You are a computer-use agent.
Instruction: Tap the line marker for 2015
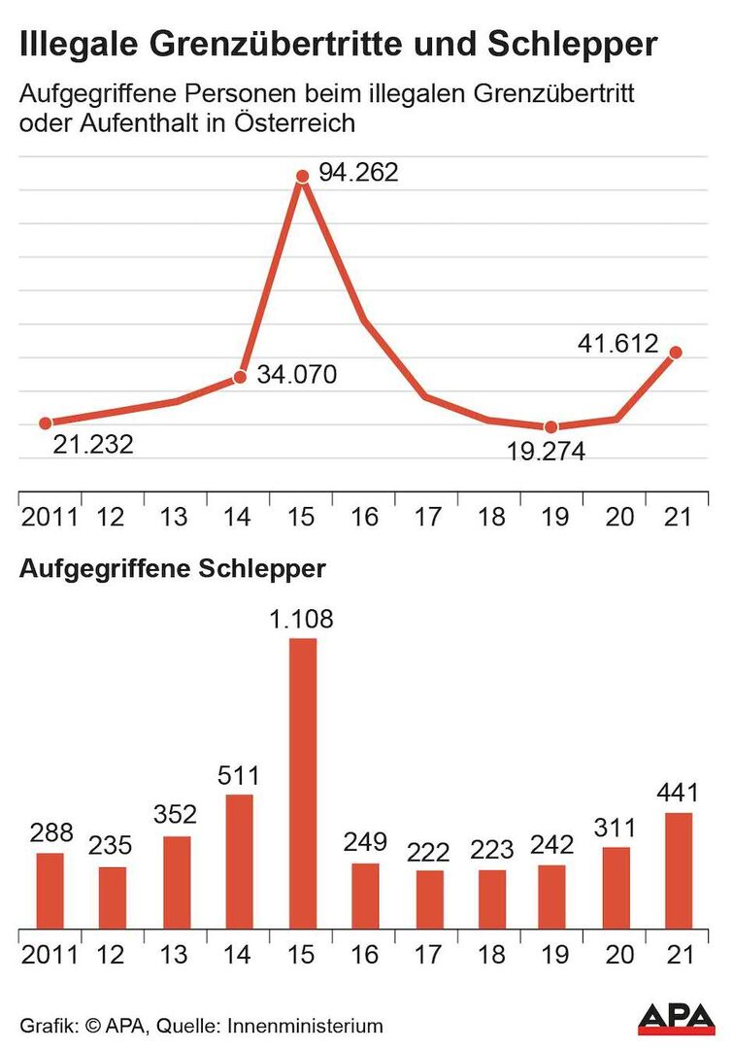point(302,176)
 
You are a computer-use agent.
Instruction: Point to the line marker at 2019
point(550,427)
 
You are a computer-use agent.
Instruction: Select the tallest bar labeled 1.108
point(302,782)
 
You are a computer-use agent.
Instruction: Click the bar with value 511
point(239,861)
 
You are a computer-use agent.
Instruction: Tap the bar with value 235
point(113,897)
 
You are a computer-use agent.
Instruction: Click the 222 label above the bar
point(428,852)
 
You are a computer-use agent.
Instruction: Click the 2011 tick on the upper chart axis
point(49,515)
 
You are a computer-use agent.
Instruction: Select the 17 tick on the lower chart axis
point(428,954)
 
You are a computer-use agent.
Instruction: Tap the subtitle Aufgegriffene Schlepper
point(173,569)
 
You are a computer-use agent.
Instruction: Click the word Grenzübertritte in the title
point(277,45)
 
